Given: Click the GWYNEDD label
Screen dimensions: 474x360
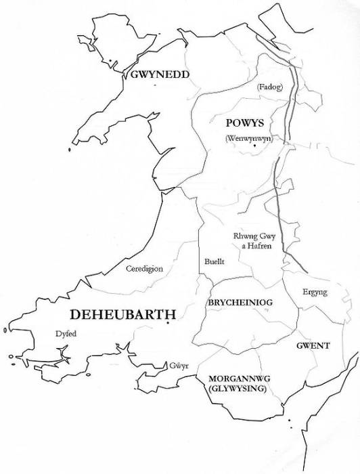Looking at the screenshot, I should point(159,74).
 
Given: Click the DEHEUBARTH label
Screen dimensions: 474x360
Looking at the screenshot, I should point(122,315).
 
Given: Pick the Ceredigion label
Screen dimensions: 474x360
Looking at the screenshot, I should point(144,268).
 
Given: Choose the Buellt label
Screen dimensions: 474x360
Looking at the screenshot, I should point(213,261).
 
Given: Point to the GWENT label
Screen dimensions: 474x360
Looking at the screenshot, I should point(313,346).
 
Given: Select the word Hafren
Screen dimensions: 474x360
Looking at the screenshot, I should point(259,246).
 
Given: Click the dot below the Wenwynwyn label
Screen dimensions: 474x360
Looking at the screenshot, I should point(254,146).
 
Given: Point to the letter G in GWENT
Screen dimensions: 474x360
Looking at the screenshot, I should point(300,346).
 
